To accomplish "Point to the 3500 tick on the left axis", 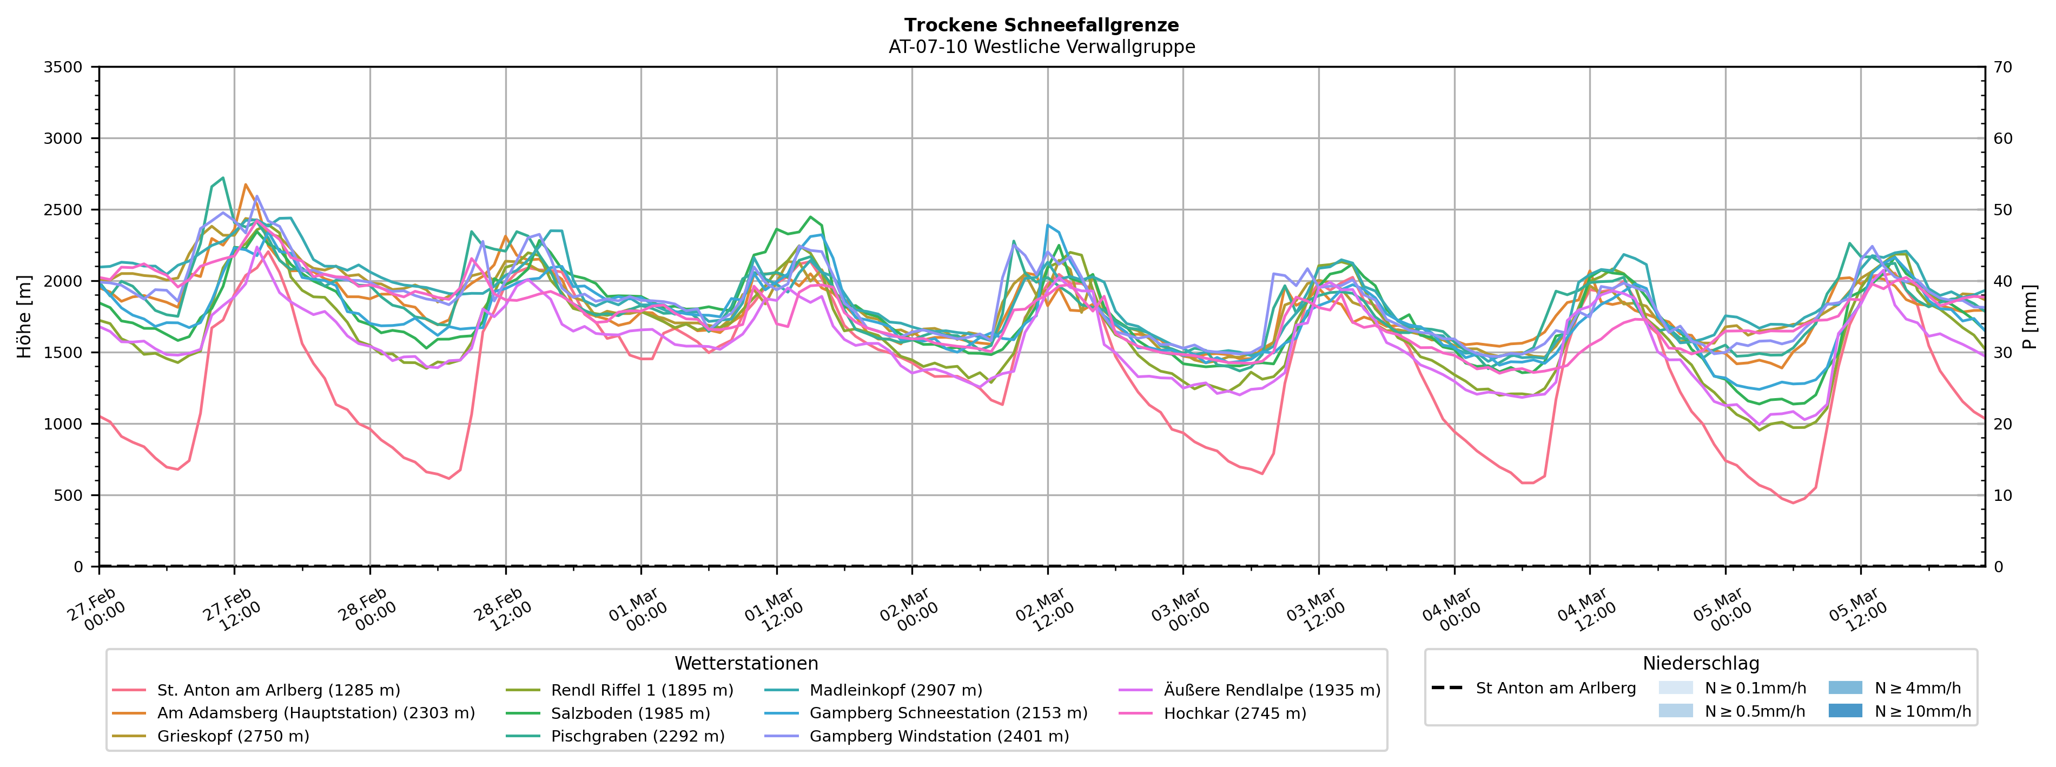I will [63, 67].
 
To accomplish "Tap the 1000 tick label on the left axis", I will [63, 424].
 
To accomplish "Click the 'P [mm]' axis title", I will [2029, 317].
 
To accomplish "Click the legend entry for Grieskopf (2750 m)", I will [233, 736].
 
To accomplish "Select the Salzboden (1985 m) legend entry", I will [630, 713].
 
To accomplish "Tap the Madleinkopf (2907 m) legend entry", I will [896, 690].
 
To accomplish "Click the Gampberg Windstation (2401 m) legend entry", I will [938, 736].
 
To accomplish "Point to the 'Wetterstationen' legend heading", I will [746, 663].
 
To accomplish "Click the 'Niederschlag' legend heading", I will [1700, 663].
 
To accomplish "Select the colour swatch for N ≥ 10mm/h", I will [1845, 710].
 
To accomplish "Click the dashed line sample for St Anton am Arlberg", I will [1447, 688].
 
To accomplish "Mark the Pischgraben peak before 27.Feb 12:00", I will [223, 178].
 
